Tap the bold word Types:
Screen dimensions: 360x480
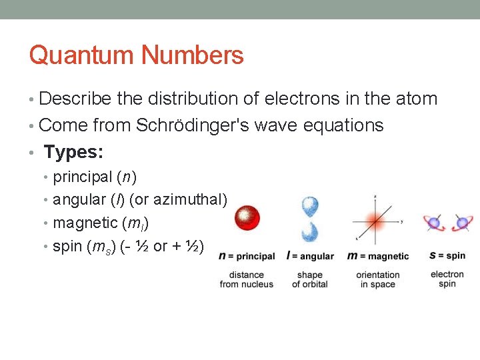pyautogui.click(x=73, y=152)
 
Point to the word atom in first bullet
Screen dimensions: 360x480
pyautogui.click(x=415, y=99)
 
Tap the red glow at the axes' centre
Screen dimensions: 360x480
pyautogui.click(x=376, y=220)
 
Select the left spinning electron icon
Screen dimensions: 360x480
pyautogui.click(x=434, y=223)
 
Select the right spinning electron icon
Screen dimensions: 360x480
pyautogui.click(x=461, y=223)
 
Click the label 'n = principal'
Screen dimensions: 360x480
pyautogui.click(x=247, y=256)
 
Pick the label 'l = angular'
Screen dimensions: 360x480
pyautogui.click(x=310, y=256)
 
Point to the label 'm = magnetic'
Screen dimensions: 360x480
pyautogui.click(x=378, y=256)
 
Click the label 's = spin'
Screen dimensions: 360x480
pyautogui.click(x=447, y=255)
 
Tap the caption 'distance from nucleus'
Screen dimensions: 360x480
pyautogui.click(x=247, y=279)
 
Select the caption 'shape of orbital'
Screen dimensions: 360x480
pyautogui.click(x=310, y=279)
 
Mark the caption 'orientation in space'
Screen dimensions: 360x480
pyautogui.click(x=378, y=279)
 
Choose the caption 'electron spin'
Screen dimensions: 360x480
pyautogui.click(x=447, y=279)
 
